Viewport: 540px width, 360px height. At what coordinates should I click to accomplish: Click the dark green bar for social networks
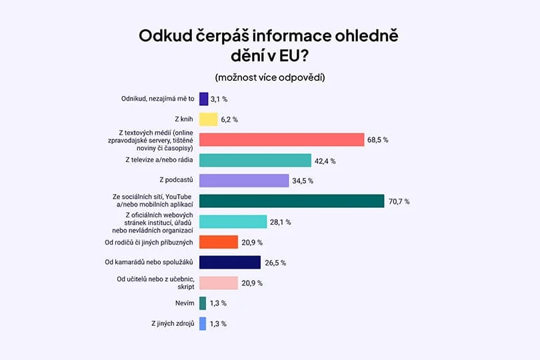(291, 201)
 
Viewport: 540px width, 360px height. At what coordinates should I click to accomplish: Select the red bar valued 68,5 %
(281, 140)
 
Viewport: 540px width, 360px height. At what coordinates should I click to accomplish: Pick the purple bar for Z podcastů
(244, 181)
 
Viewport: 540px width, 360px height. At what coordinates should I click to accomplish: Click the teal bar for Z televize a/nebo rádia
(255, 161)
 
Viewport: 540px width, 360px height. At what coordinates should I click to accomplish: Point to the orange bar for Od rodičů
(219, 242)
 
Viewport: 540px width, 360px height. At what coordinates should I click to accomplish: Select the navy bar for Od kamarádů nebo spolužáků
(230, 263)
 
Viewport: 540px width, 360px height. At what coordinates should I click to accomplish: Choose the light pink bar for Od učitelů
(219, 283)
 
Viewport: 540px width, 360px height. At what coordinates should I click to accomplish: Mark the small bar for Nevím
(203, 303)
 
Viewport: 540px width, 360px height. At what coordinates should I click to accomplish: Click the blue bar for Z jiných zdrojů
(203, 324)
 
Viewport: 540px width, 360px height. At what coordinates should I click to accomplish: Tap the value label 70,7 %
(399, 201)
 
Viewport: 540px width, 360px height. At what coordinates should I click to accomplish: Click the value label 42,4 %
(325, 161)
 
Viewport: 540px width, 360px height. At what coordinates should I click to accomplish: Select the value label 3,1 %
(219, 99)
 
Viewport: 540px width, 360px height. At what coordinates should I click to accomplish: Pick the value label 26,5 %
(275, 263)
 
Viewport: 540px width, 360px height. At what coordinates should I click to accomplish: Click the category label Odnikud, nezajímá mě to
(157, 99)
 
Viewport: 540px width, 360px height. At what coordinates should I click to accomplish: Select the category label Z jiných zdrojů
(173, 324)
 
